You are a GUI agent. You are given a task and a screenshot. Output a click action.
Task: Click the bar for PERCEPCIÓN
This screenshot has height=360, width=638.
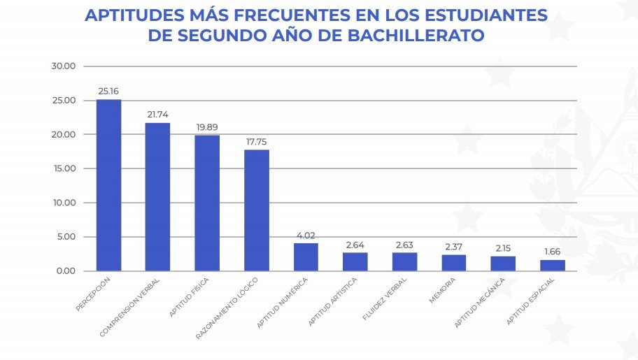coord(108,185)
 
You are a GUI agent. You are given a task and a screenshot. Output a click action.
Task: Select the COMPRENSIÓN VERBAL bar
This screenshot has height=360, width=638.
coord(157,196)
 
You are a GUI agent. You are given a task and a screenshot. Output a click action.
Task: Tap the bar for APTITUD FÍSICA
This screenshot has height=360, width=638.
coord(207,203)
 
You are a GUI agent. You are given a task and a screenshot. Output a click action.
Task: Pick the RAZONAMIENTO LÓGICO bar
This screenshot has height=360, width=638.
coord(257,210)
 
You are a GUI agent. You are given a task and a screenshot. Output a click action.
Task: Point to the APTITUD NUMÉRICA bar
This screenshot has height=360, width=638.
coord(306,257)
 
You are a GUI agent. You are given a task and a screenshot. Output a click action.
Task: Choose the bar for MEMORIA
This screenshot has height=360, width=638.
coord(454,262)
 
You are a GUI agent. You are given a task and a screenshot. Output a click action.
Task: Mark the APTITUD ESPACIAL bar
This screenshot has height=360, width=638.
coord(553,265)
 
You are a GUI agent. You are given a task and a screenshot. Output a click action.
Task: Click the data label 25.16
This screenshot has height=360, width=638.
coord(109,91)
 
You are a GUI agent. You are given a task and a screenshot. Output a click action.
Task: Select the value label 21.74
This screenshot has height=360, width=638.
coord(158,114)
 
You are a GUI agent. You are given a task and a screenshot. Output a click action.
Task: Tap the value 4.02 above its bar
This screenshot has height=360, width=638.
coord(306,235)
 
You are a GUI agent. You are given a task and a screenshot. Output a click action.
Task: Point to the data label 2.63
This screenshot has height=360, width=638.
coord(405,245)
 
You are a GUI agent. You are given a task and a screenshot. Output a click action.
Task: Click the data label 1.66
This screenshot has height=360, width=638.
coord(553,252)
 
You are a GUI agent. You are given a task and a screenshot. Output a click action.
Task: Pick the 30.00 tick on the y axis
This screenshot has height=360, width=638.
coord(64,66)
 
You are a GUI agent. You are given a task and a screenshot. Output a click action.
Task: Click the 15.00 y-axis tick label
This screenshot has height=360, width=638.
coord(64,168)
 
